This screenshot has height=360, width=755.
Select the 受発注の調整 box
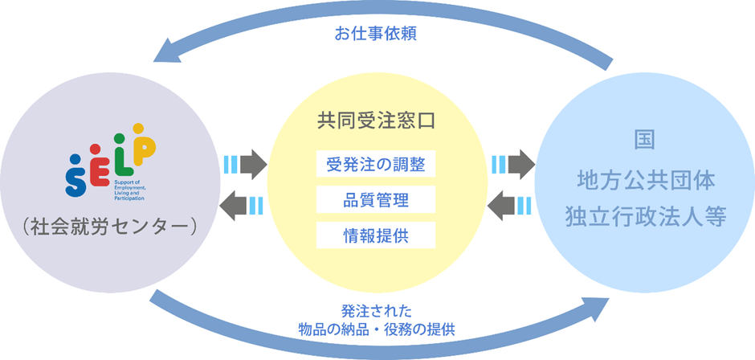pyautogui.click(x=376, y=165)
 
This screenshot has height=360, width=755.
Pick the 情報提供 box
pyautogui.click(x=376, y=234)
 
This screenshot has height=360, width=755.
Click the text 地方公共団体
pyautogui.click(x=645, y=178)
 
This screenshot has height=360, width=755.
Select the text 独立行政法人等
pyautogui.click(x=645, y=217)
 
